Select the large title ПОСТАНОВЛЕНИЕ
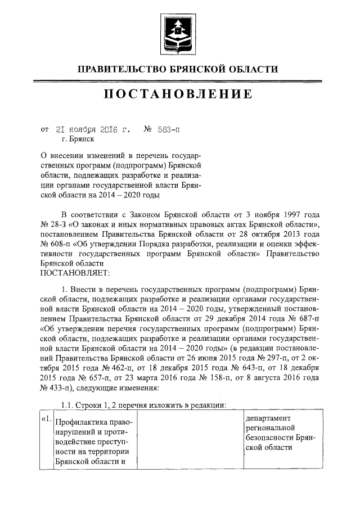tap(179, 95)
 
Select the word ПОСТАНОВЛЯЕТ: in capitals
tap(73, 272)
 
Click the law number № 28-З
tap(57, 225)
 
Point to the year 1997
tap(291, 215)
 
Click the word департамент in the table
tap(268, 418)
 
